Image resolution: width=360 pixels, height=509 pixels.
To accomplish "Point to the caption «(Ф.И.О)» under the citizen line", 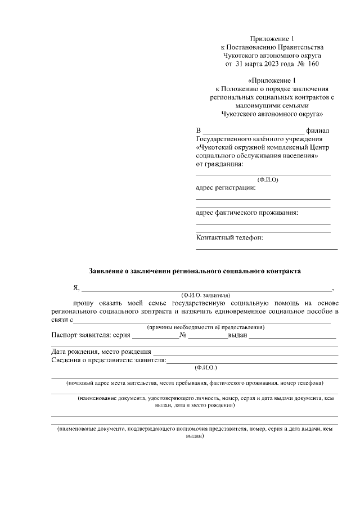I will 267,180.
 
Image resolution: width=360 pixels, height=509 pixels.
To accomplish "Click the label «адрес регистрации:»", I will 225,188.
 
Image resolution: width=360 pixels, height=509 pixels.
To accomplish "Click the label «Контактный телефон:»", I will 229,237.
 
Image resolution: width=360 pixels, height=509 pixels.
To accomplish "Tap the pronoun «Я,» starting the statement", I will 76,288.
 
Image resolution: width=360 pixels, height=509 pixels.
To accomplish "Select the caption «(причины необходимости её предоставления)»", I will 206,327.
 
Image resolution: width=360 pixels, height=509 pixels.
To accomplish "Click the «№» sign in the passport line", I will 183,336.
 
